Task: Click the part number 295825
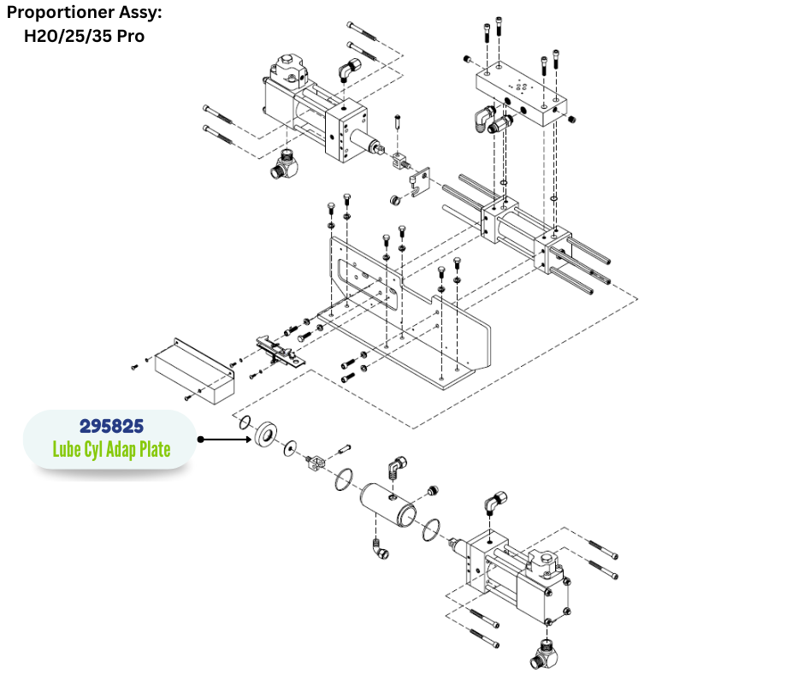[x=111, y=425]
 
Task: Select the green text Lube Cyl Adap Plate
[x=111, y=448]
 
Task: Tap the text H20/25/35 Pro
[x=83, y=36]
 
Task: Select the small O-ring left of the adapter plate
[x=244, y=423]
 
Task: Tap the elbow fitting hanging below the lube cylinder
[x=380, y=551]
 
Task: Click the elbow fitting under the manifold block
[x=490, y=119]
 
